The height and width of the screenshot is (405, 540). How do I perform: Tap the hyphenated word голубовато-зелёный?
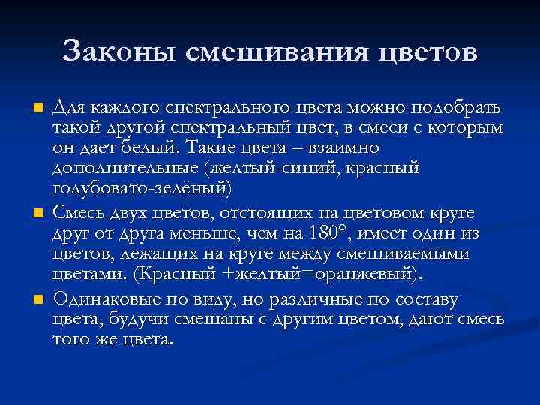point(141,187)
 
